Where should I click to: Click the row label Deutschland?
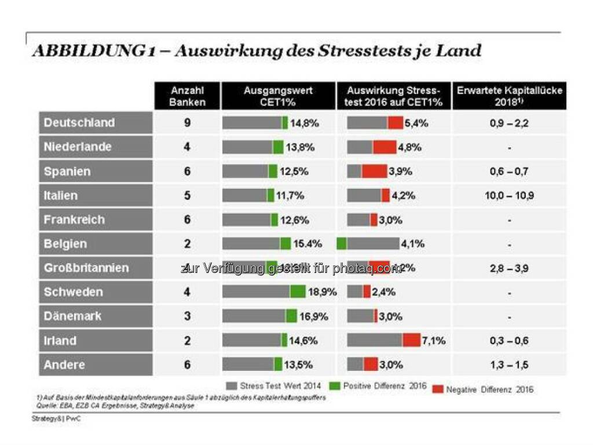79,123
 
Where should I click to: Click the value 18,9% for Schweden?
322,292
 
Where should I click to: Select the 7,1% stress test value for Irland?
434,341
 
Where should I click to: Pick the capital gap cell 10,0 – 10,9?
509,196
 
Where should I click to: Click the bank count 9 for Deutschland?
187,123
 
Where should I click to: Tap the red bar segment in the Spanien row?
374,172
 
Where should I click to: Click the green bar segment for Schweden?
298,292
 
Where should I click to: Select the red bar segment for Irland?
411,341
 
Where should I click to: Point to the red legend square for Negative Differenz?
437,389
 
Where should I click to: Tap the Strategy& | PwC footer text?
56,418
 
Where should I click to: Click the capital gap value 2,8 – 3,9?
509,268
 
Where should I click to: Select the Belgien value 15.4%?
308,244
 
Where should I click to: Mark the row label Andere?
64,365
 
